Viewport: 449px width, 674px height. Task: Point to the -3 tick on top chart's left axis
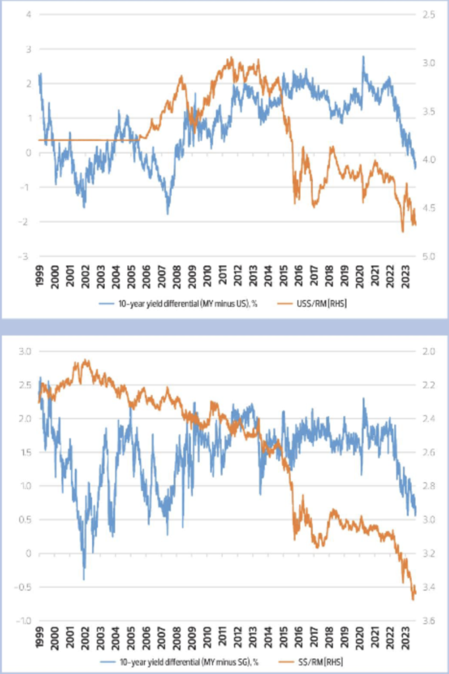[x=28, y=256]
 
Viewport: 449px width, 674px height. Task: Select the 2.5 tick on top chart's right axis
[x=419, y=14]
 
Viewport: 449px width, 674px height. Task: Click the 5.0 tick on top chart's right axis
[x=419, y=256]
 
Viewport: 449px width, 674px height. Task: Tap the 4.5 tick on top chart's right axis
[x=419, y=208]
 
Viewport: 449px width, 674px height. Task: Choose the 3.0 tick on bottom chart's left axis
[x=26, y=352]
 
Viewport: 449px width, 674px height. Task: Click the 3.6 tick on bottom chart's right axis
[x=418, y=621]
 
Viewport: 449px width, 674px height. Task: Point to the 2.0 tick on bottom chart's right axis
[x=418, y=352]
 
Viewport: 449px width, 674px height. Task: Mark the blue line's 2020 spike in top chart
[x=363, y=57]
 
